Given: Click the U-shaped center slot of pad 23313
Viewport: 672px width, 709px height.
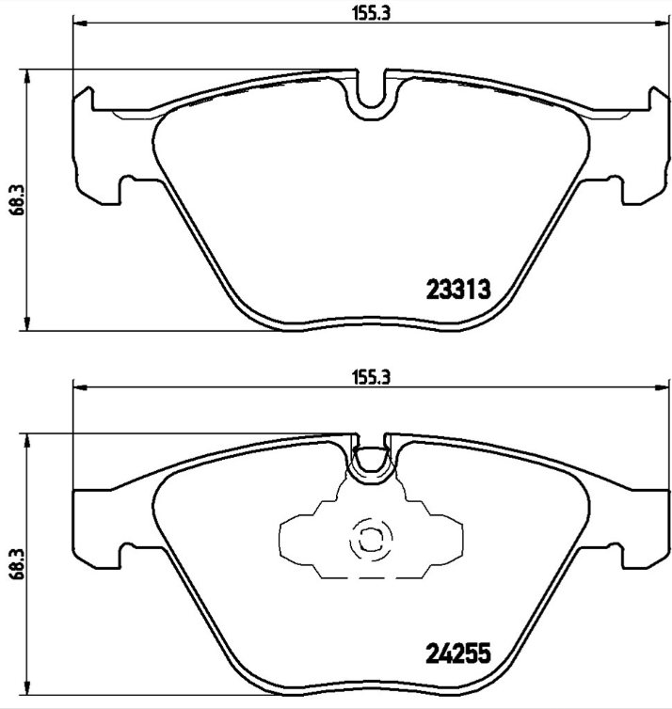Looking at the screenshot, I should point(373,94).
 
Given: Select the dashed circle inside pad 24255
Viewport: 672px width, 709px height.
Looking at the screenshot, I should point(368,541).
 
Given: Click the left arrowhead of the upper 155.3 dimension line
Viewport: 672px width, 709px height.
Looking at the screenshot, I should point(78,24).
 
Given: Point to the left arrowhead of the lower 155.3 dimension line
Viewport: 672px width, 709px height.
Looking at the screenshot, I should point(78,386).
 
